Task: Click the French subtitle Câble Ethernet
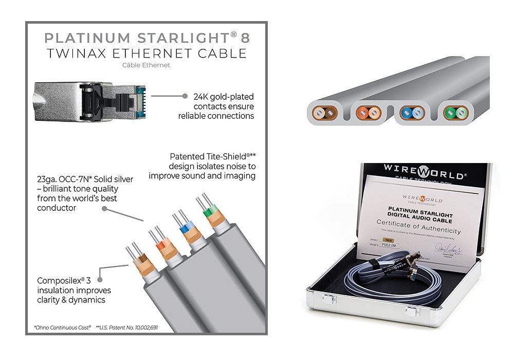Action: pyautogui.click(x=146, y=65)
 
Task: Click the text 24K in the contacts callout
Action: pyautogui.click(x=201, y=97)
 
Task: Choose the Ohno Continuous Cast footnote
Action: pyautogui.click(x=64, y=327)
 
